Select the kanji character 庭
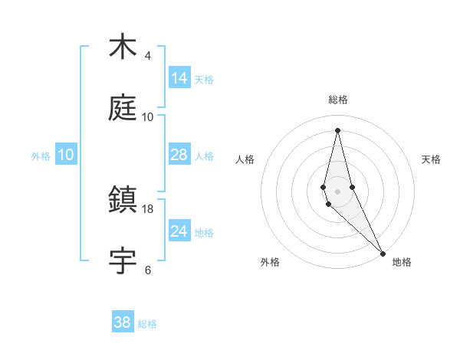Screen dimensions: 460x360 [x=123, y=109]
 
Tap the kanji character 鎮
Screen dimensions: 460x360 [x=123, y=201]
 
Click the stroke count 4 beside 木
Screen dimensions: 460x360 [x=147, y=56]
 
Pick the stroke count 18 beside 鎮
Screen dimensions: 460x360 [x=148, y=209]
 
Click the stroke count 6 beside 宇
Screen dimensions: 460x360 [x=147, y=270]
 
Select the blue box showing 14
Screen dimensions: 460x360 [x=179, y=78]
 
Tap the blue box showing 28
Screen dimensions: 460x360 [x=179, y=155]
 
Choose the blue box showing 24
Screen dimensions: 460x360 [x=179, y=231]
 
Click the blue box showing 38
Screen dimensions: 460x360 [x=123, y=322]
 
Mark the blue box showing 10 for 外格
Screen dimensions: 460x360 [x=66, y=155]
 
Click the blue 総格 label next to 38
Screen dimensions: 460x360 [x=147, y=324]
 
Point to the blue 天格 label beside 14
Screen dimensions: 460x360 [x=204, y=80]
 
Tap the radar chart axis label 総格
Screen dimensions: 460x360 [x=338, y=100]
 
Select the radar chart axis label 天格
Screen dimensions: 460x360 [x=432, y=159]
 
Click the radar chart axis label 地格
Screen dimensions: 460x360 [x=402, y=262]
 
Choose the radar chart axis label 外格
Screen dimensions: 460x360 [x=270, y=262]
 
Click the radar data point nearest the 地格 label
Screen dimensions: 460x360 [x=383, y=252]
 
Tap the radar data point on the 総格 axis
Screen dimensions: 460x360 [x=337, y=130]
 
